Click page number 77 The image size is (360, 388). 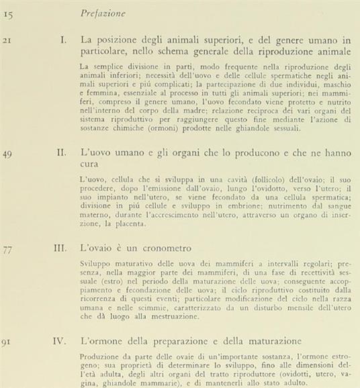click(x=9, y=248)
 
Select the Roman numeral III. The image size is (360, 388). click(x=59, y=248)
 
